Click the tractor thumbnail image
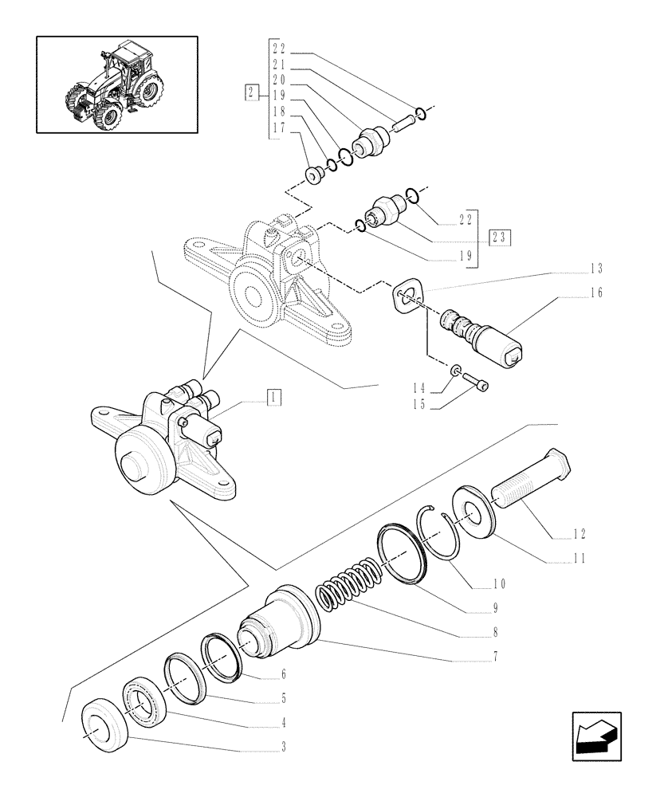(116, 84)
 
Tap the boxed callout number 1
(273, 396)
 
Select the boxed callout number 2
(251, 94)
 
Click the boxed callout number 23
(500, 238)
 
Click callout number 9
(495, 607)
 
